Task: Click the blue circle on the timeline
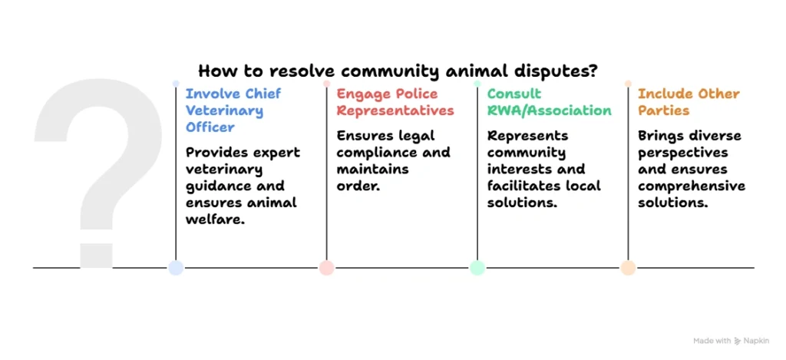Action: click(x=176, y=267)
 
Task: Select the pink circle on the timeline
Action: click(x=326, y=267)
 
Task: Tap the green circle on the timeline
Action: click(x=477, y=267)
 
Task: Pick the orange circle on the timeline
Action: click(x=628, y=267)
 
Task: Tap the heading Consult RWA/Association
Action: click(x=549, y=102)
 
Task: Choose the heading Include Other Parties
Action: click(x=689, y=102)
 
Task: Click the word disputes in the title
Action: click(x=552, y=71)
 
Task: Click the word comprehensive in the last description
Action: click(x=691, y=186)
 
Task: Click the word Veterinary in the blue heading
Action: click(x=225, y=111)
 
